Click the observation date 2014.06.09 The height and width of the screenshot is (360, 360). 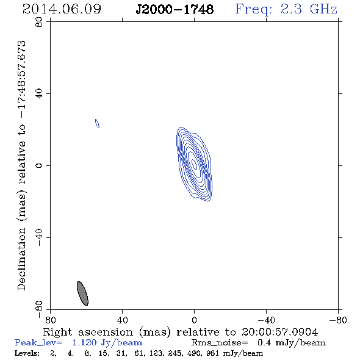point(62,9)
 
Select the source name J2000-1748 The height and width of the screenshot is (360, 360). point(175,9)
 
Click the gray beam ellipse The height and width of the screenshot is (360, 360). point(82,293)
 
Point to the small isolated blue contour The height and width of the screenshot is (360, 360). point(98,123)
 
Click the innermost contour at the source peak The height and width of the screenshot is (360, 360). point(194,165)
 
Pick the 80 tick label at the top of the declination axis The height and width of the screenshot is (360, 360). point(39,22)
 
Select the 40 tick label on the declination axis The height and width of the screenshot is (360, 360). point(39,94)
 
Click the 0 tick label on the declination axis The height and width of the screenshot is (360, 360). point(39,165)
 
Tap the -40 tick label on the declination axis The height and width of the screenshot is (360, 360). point(39,237)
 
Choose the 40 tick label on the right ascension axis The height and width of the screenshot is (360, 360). point(122,320)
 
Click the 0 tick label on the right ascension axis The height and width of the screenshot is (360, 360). point(194,320)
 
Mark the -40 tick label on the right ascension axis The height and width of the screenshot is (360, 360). point(266,320)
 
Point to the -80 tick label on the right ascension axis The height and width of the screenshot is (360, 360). point(338,320)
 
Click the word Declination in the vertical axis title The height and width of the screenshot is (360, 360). point(21,259)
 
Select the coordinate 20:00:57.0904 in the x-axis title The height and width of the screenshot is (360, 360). point(279,332)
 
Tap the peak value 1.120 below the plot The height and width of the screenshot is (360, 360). point(84,342)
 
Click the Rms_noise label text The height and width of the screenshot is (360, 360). point(220,343)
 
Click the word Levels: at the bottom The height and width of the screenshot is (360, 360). point(27,353)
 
